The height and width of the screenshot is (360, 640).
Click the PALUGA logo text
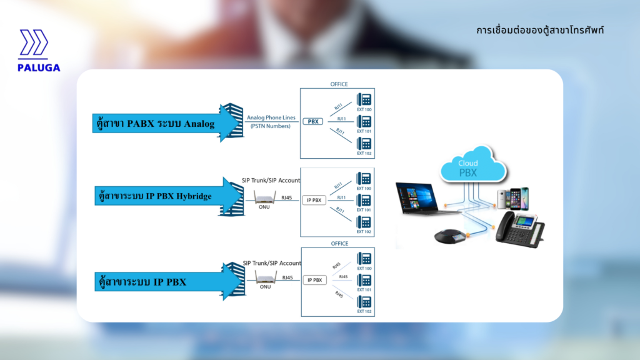pyautogui.click(x=39, y=67)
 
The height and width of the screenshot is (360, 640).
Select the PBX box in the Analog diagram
pyautogui.click(x=313, y=122)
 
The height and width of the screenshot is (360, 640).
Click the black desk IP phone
pyautogui.click(x=520, y=228)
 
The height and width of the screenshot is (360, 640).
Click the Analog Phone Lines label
pyautogui.click(x=271, y=118)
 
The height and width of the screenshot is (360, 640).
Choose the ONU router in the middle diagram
pyautogui.click(x=264, y=200)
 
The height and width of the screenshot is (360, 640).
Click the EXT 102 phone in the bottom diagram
pyautogui.click(x=364, y=302)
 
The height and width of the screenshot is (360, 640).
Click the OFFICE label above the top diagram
pyautogui.click(x=339, y=84)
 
